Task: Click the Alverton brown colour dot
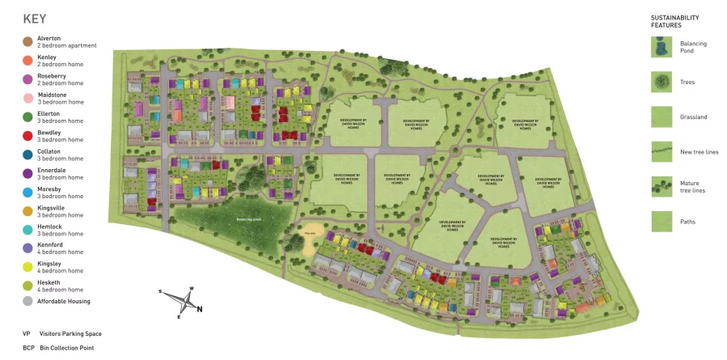[x=27, y=41]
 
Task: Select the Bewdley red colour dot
[x=27, y=136]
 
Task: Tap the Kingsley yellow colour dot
[x=27, y=267]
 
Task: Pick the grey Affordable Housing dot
[x=27, y=302]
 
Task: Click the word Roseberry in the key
[x=51, y=75]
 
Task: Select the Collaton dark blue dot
[x=27, y=155]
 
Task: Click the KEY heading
[x=35, y=19]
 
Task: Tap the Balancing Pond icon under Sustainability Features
[x=661, y=47]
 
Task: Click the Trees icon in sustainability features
[x=661, y=82]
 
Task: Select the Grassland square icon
[x=661, y=117]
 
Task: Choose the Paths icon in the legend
[x=661, y=221]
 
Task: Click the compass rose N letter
[x=200, y=308]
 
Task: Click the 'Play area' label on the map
[x=310, y=234]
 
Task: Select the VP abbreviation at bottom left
[x=27, y=333]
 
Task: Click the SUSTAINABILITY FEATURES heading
[x=674, y=22]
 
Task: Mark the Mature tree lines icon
[x=661, y=187]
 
